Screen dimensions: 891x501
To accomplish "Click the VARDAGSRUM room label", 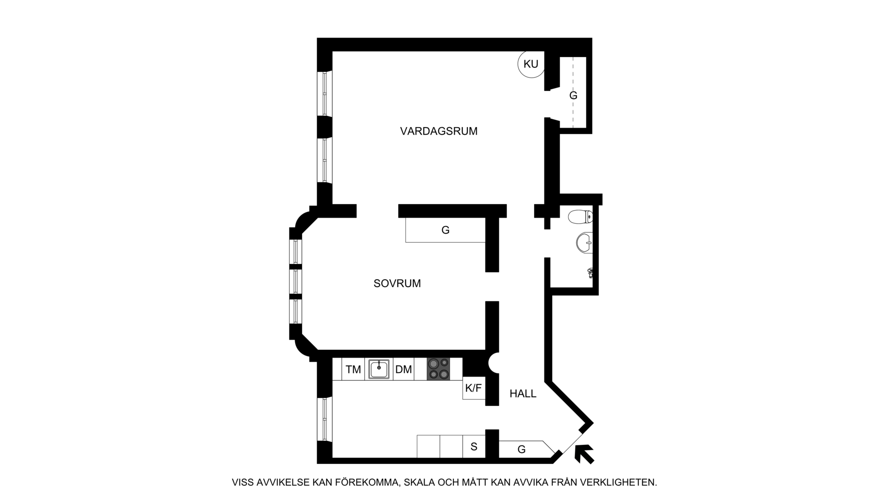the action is (439, 131).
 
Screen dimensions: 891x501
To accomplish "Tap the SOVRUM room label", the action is (397, 283).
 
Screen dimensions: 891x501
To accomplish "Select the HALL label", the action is (523, 394).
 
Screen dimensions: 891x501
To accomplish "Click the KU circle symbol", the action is (531, 64).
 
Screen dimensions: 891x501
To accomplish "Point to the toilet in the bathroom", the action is (581, 216).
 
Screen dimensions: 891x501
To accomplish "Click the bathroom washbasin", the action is (584, 242).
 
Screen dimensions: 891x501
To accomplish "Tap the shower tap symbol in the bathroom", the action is (590, 273).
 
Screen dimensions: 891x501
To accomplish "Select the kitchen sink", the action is (379, 369).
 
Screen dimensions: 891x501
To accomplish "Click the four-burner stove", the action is (439, 369).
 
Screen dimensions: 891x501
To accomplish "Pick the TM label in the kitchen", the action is (353, 370).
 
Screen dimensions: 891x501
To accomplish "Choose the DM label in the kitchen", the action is (403, 370).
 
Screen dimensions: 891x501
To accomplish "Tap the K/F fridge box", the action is (474, 388).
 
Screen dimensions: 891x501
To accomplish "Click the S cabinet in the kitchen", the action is (474, 447).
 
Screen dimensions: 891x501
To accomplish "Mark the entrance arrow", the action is (584, 454).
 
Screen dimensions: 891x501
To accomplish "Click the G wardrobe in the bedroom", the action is (445, 230).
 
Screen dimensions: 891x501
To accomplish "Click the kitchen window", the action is (324, 419).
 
